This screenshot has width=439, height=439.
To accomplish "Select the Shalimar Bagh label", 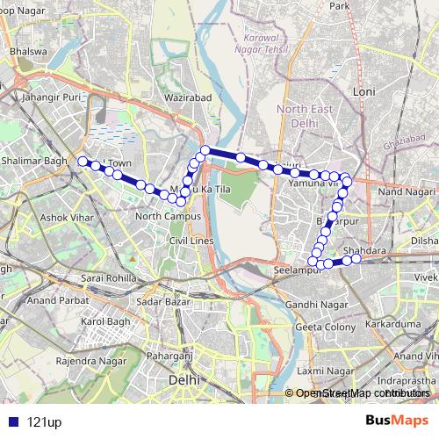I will pos(33,160).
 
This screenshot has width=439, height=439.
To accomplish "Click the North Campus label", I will pos(169,216).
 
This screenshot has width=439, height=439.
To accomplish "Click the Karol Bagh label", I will pos(105,321).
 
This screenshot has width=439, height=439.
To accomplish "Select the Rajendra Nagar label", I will pos(86,361).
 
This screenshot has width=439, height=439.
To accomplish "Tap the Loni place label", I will pos(363,91).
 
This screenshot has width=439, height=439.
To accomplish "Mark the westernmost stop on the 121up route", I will pos(83,161).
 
